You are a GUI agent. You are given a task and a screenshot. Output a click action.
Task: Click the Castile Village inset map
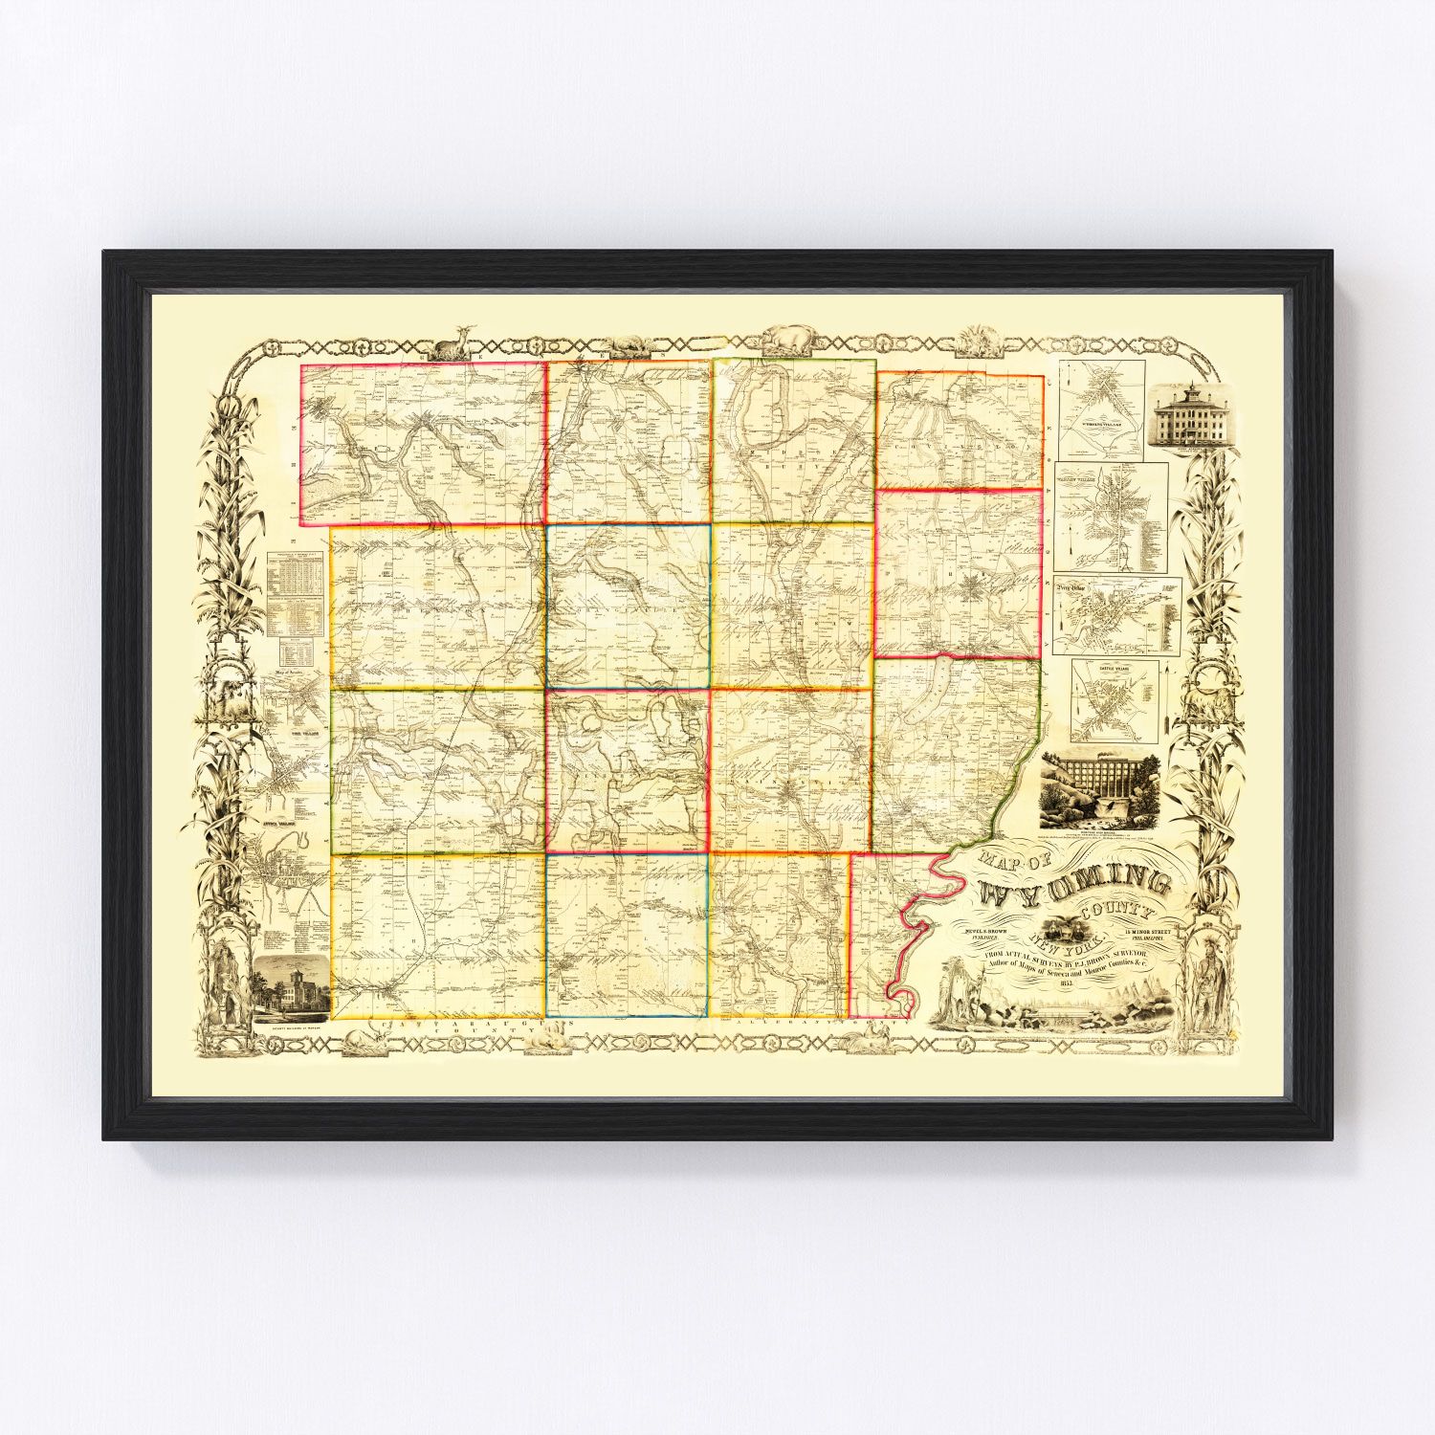[x=1115, y=701]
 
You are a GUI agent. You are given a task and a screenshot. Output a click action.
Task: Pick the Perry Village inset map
[x=1116, y=615]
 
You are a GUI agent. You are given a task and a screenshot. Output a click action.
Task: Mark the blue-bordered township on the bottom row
[x=627, y=934]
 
